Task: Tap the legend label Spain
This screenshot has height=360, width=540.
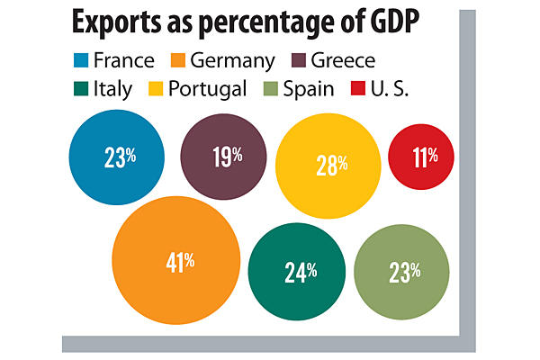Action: tap(314, 89)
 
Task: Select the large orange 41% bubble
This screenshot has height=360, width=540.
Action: tap(179, 262)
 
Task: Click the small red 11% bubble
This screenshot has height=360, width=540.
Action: tap(419, 157)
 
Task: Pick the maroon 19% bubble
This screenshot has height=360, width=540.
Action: tap(224, 157)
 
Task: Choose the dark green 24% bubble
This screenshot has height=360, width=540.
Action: tap(298, 272)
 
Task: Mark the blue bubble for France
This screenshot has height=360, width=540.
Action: tap(117, 158)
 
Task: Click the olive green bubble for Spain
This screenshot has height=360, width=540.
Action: tap(402, 272)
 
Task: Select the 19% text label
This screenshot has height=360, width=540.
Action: tap(228, 156)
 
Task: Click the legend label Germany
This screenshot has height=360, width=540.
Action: tap(235, 60)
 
